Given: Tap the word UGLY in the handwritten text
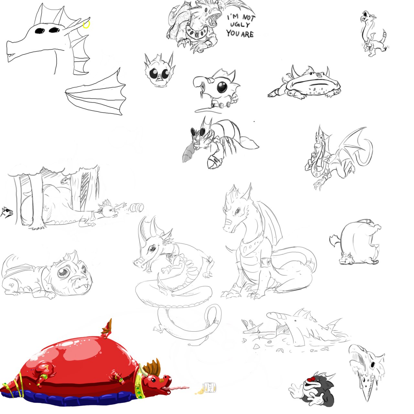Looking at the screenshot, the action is click(x=240, y=25).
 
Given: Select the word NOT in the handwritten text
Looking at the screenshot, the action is click(x=249, y=17).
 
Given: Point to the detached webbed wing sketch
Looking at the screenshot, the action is click(x=96, y=93).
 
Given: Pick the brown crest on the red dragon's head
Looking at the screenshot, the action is click(x=152, y=368).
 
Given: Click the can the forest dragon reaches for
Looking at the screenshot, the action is click(x=136, y=208).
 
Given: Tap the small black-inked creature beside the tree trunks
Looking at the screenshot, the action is click(x=7, y=212).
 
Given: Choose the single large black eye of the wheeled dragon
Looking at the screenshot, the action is click(x=222, y=87).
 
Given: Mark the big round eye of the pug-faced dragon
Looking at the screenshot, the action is click(x=64, y=272).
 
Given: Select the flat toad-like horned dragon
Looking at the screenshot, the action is click(x=305, y=83).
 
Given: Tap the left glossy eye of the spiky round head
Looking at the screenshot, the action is click(x=153, y=73).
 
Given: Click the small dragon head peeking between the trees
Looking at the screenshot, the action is click(x=66, y=180).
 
